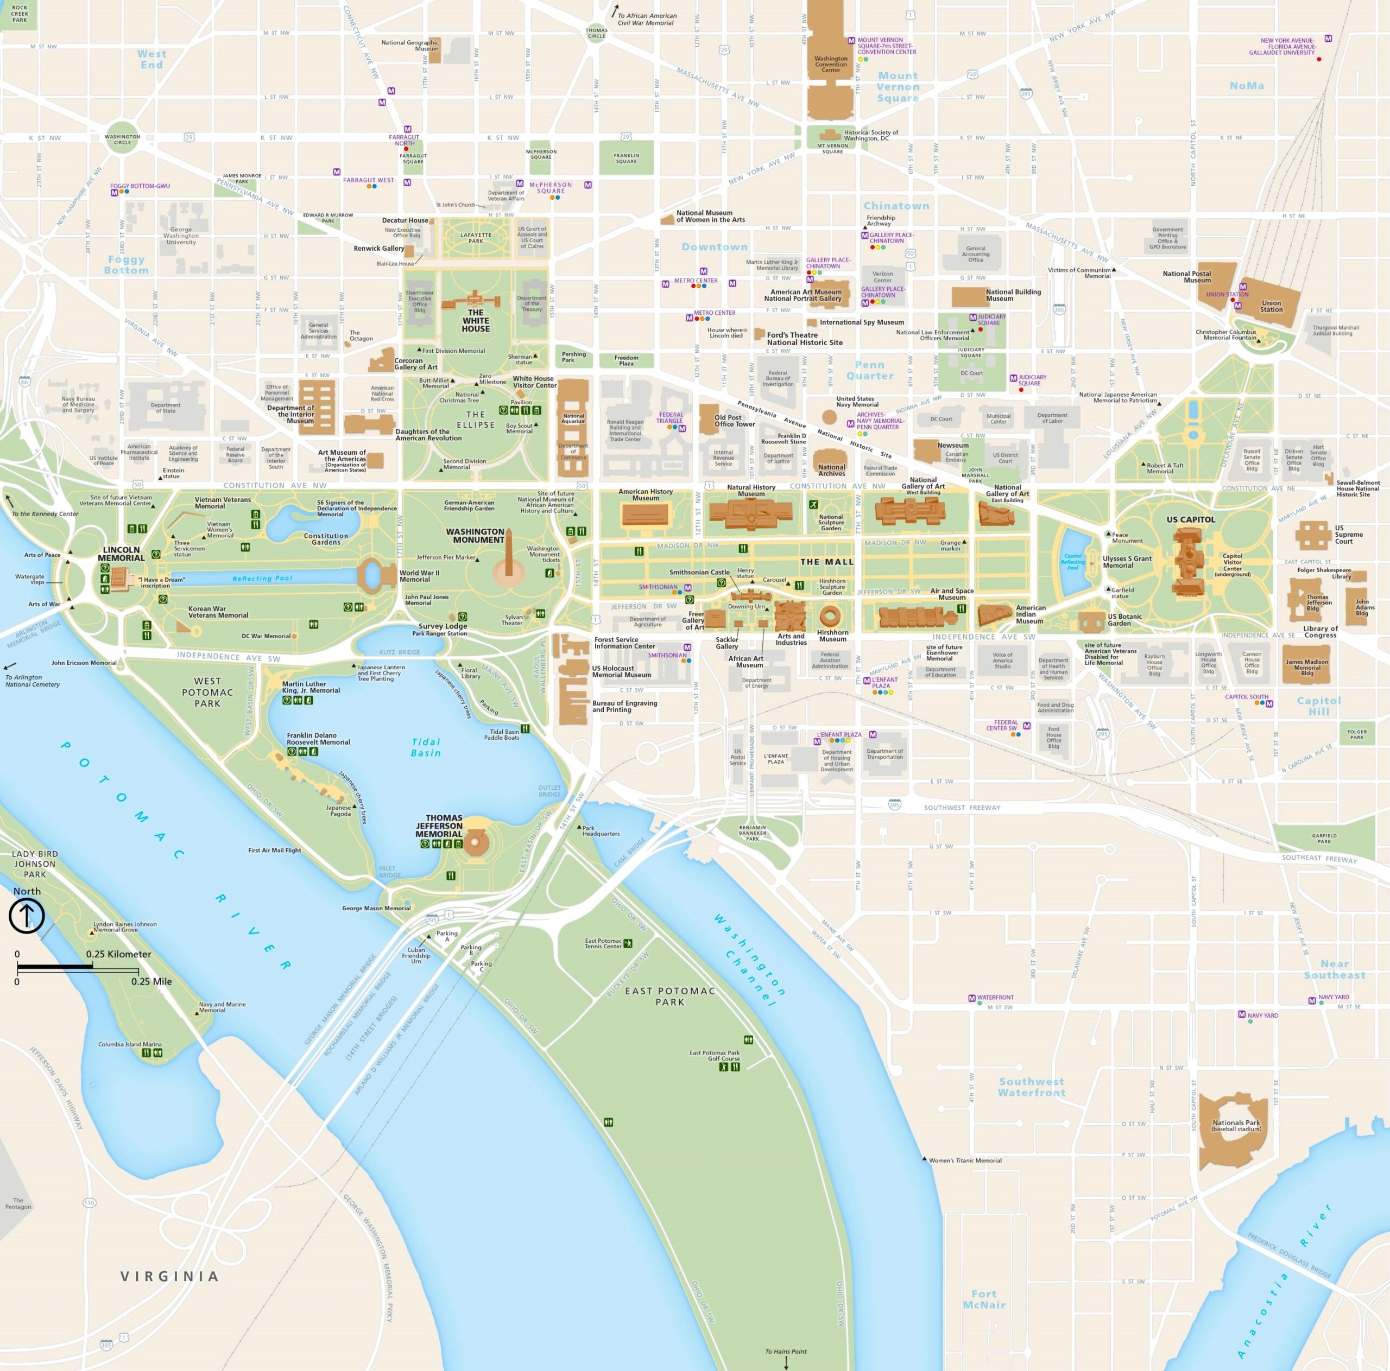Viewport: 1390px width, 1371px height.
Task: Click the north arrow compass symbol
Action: (x=27, y=916)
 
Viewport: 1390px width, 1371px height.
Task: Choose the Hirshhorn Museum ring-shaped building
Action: (x=830, y=615)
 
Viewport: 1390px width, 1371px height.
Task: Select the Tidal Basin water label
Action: (x=425, y=747)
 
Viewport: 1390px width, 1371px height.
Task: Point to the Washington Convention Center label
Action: (x=831, y=64)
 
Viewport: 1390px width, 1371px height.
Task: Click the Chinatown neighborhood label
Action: (x=896, y=206)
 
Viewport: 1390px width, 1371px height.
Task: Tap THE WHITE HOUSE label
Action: (x=476, y=321)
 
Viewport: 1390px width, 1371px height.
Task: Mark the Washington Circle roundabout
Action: (x=122, y=139)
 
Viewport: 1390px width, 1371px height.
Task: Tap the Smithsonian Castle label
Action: (x=699, y=573)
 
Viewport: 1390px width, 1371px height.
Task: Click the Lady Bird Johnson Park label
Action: (x=35, y=864)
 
